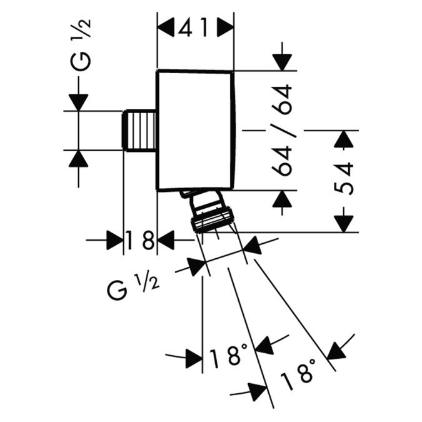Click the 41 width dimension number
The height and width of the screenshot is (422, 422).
pos(194,28)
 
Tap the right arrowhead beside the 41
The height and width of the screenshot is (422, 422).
pos(225,28)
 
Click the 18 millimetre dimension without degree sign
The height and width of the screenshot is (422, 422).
pos(139,240)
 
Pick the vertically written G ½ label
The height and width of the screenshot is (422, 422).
pos(82,44)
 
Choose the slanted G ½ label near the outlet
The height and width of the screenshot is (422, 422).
pos(133,287)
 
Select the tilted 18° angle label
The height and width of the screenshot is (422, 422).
pos(297,374)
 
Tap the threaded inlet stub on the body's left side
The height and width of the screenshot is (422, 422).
pos(140,131)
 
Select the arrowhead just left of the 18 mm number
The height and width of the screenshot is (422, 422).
pos(114,239)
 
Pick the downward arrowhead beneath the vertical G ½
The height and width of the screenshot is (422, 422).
pos(78,102)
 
